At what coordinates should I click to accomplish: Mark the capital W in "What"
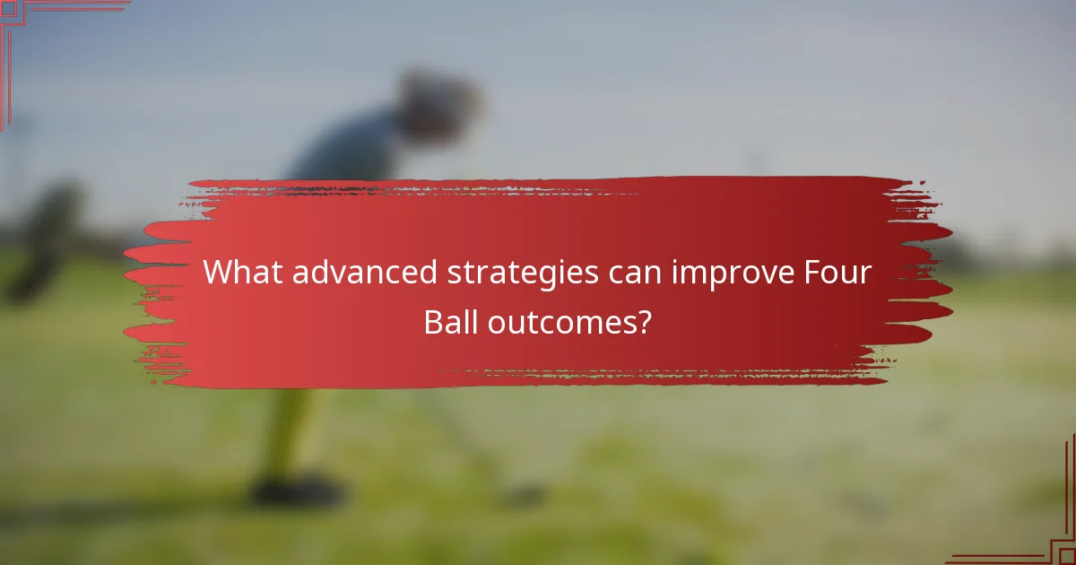217,273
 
